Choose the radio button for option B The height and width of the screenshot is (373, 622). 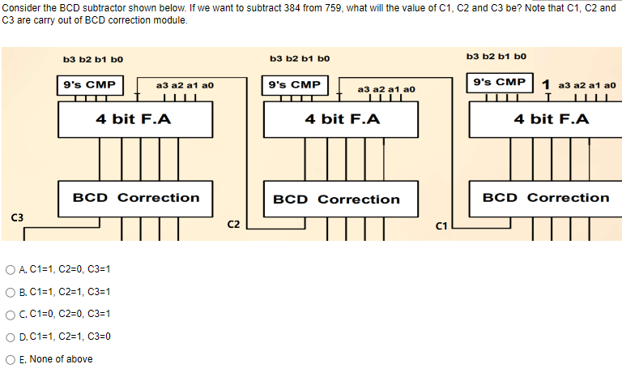click(x=10, y=292)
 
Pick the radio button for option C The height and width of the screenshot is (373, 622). click(x=10, y=314)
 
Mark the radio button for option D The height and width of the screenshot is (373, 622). click(x=10, y=336)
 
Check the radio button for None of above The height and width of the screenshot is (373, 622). click(x=10, y=359)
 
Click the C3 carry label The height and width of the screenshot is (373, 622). click(x=16, y=217)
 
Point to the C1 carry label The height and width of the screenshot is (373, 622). click(x=442, y=225)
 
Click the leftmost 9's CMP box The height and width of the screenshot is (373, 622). click(x=89, y=85)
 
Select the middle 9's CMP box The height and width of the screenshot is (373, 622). click(x=294, y=85)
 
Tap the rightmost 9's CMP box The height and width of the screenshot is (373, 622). click(x=500, y=83)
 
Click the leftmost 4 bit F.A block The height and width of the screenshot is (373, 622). click(x=134, y=119)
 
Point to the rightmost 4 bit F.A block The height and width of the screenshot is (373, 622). click(x=551, y=119)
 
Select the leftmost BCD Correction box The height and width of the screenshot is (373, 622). click(x=135, y=198)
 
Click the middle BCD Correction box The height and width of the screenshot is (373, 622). click(x=336, y=199)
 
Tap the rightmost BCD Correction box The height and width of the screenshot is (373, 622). click(x=545, y=198)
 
